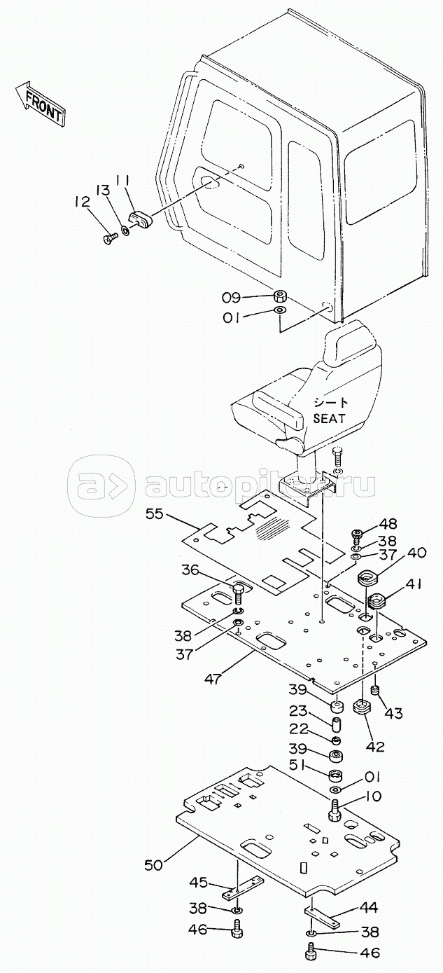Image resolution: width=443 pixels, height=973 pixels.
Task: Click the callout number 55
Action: click(x=154, y=514)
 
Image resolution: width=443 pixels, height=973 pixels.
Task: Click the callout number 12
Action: click(x=82, y=202)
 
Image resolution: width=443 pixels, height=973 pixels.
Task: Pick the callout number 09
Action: click(x=232, y=298)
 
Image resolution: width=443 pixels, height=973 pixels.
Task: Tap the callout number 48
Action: click(x=388, y=524)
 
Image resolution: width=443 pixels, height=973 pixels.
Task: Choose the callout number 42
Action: click(x=375, y=746)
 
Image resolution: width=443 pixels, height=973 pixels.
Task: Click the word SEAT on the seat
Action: click(x=330, y=418)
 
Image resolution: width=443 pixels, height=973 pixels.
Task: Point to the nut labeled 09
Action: click(x=280, y=297)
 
